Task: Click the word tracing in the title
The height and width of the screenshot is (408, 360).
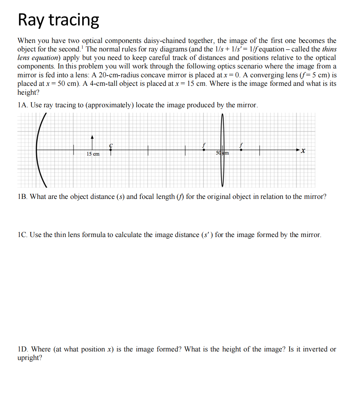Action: [74, 20]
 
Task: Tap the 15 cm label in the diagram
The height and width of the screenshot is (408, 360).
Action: [93, 154]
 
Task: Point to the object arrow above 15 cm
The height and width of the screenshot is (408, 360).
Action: [92, 142]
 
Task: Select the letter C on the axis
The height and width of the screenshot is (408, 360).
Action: [110, 145]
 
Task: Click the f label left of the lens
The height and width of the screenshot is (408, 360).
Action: [204, 145]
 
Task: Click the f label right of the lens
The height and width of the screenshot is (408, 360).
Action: [241, 145]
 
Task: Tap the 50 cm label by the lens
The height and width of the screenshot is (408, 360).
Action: [223, 153]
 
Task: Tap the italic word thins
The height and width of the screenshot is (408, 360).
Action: [329, 49]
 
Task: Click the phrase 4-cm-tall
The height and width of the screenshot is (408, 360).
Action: [101, 84]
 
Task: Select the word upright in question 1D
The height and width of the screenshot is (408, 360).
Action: [29, 358]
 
